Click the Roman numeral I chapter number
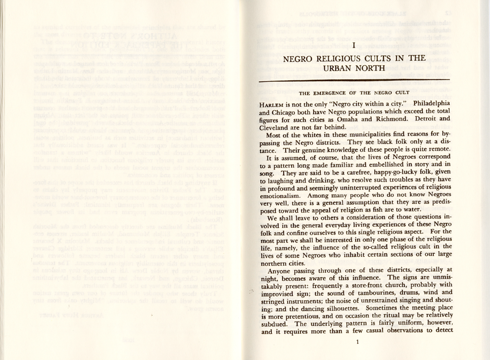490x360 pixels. [353, 45]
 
